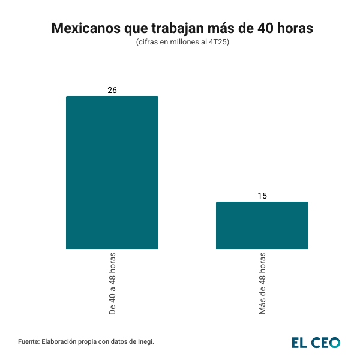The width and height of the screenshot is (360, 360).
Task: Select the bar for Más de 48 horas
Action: click(x=262, y=225)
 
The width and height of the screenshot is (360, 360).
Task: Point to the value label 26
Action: click(x=112, y=90)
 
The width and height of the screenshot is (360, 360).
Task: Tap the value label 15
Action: click(x=262, y=196)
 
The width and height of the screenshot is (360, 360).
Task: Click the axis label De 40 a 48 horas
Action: click(x=113, y=284)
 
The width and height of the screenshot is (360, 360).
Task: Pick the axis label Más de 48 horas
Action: click(x=263, y=283)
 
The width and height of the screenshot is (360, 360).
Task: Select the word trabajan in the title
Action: click(x=177, y=28)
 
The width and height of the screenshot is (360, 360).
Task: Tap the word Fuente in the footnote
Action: click(x=28, y=341)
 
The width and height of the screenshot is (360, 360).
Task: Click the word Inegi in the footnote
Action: click(x=145, y=341)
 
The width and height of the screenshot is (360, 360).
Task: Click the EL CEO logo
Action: click(x=316, y=342)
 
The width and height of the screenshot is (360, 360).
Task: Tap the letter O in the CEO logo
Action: click(x=334, y=342)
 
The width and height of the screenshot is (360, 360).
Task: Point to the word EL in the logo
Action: click(x=299, y=342)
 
